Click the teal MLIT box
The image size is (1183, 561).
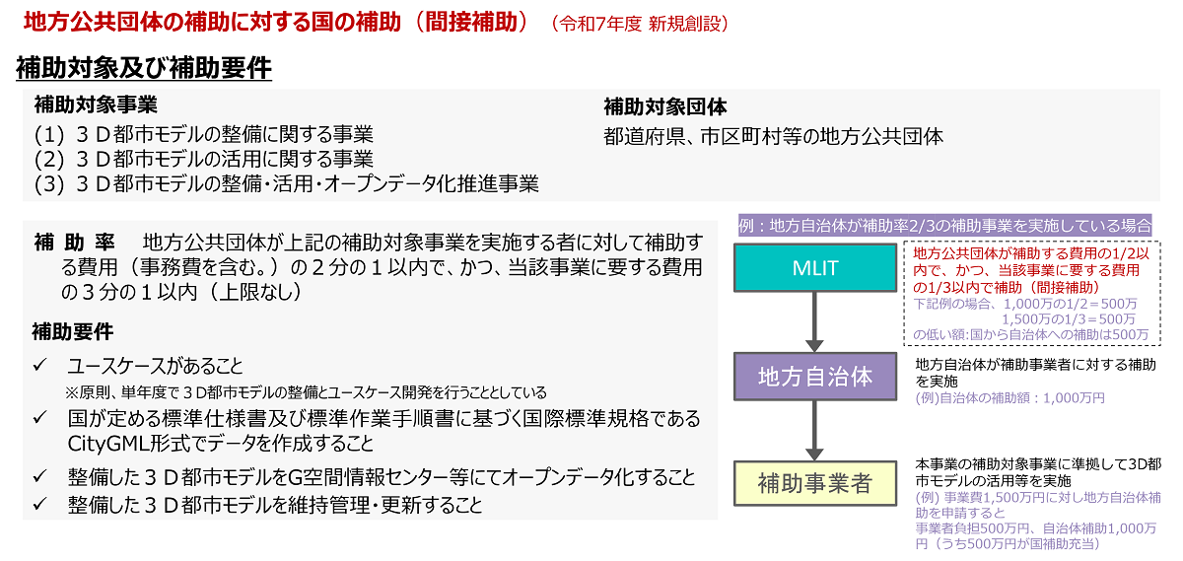click(x=815, y=268)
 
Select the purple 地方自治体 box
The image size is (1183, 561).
click(x=815, y=376)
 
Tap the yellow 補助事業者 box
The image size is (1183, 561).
click(x=815, y=483)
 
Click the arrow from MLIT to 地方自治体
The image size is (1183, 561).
click(x=814, y=321)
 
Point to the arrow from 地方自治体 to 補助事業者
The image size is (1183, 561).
click(x=814, y=430)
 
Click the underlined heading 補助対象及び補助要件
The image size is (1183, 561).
click(x=144, y=69)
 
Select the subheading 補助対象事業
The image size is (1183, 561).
click(x=96, y=105)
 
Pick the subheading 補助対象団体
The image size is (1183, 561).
click(x=664, y=107)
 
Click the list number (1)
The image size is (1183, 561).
click(x=49, y=135)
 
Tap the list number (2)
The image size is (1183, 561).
click(x=49, y=160)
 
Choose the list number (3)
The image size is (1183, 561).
click(x=49, y=184)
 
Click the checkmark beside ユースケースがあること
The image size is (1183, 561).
click(x=40, y=365)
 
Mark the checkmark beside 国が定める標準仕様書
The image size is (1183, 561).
click(x=40, y=418)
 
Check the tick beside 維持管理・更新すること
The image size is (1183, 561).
click(x=40, y=504)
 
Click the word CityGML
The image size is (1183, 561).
click(x=107, y=445)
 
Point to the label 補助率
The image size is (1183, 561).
click(x=75, y=243)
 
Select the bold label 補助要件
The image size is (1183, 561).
click(x=73, y=332)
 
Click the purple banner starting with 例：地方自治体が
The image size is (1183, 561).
click(x=944, y=226)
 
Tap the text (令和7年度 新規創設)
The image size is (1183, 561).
click(x=640, y=24)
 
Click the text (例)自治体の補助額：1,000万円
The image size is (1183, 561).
click(x=1009, y=397)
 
